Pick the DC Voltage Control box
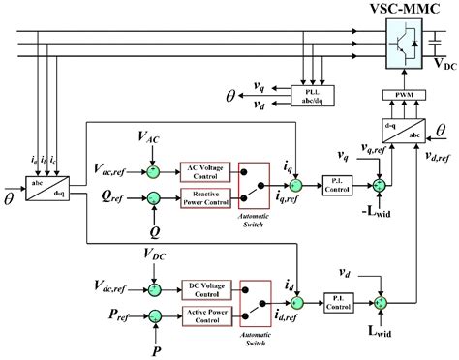tap(205, 287)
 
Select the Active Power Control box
tap(205, 314)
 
